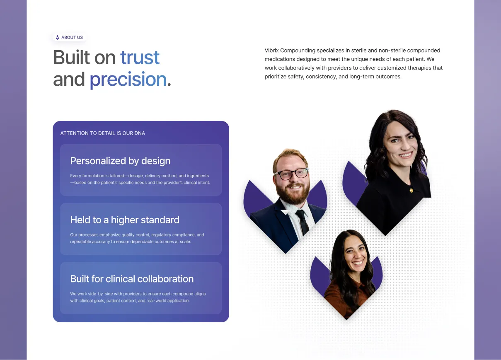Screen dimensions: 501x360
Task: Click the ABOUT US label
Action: (x=72, y=37)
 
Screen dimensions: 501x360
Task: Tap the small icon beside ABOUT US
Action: (x=58, y=37)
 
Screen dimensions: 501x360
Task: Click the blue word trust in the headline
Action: (x=140, y=57)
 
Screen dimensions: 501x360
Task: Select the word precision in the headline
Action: (x=128, y=80)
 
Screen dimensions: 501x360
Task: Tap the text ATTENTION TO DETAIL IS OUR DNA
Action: (x=103, y=133)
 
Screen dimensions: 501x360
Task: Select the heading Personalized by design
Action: (x=120, y=161)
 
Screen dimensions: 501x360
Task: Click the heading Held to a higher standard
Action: (x=125, y=220)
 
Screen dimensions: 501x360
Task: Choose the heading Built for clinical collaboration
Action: (x=132, y=279)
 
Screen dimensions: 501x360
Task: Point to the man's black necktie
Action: (x=303, y=222)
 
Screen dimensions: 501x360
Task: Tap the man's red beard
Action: (x=293, y=193)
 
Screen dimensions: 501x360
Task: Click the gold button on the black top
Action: (x=411, y=190)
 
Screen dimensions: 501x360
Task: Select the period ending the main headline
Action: (x=169, y=84)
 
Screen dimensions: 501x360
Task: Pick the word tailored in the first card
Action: (x=116, y=176)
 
